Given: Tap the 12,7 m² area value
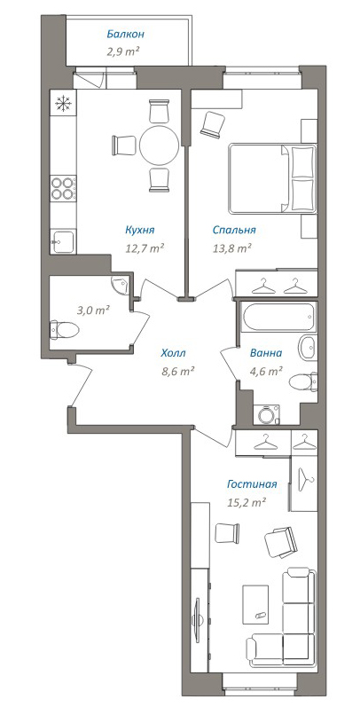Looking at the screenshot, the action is coord(145,248).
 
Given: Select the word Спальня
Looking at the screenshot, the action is coord(234,231).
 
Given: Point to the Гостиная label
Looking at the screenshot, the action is coord(252,484).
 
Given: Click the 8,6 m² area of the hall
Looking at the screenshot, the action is coord(178,371).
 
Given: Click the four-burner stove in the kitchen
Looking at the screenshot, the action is coord(63,188).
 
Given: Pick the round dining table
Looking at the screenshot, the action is coord(160,145).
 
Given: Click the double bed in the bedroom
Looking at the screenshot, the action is coord(272,178).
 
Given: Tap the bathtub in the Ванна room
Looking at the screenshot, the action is coord(278,317).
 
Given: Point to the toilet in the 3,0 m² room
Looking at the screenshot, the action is coord(64,329).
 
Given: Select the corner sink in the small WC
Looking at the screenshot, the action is coord(121,286).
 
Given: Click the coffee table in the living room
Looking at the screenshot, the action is coord(255,605).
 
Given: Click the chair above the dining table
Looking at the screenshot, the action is coord(159,111).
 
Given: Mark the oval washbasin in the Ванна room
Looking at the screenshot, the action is coord(308,348).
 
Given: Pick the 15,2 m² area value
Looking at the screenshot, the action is coord(247,502).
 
